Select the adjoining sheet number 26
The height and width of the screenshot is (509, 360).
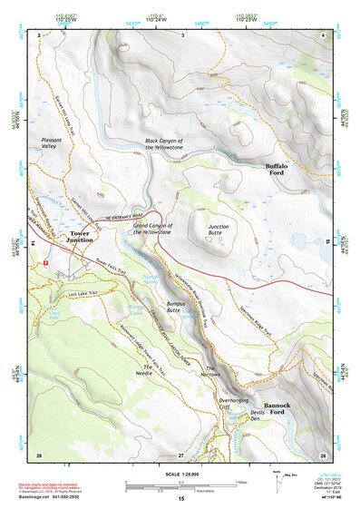point(38,454)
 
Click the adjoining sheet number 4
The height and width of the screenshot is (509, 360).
point(324,34)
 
